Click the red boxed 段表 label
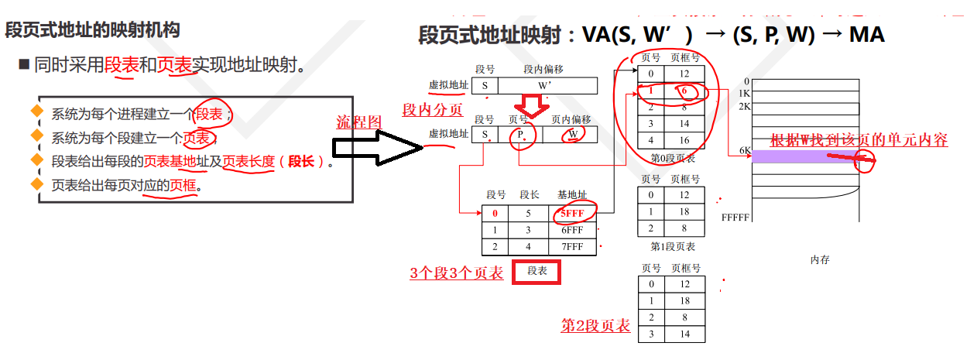536,271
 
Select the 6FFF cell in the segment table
574,230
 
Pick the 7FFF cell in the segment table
574,248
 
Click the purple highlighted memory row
805,156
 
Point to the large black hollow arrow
378,148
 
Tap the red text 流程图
358,122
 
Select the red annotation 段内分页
432,110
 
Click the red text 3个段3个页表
456,273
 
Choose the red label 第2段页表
595,325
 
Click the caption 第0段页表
672,159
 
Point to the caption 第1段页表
672,246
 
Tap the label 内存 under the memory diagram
820,260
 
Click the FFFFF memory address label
735,218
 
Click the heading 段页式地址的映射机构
93,30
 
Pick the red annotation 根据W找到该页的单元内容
859,140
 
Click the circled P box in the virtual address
522,135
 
